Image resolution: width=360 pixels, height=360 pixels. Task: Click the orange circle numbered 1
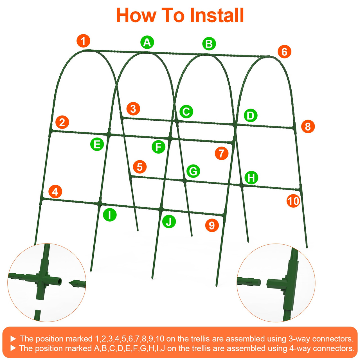point(83,41)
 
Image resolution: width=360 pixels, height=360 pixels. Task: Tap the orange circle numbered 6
point(284,52)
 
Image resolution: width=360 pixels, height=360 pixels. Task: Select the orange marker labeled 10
point(293,201)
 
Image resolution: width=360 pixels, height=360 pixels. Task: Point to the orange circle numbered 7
point(221,153)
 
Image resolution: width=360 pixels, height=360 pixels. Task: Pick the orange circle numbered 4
point(55,192)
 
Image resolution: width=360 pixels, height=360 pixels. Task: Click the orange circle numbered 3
point(133,109)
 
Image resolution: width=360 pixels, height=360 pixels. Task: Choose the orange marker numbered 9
point(212,225)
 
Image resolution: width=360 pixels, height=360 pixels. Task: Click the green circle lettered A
point(147,42)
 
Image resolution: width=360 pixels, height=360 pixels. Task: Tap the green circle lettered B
point(209,44)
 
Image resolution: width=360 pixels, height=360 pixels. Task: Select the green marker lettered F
point(158,147)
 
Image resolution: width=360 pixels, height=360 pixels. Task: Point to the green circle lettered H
point(251,178)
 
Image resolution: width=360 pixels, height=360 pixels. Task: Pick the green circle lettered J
point(169,222)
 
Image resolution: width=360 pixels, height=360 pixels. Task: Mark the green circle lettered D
point(250,116)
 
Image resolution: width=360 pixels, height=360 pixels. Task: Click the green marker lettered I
point(110,215)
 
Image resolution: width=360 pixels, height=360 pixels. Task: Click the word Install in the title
point(217,15)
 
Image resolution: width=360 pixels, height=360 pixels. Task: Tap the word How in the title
point(136,15)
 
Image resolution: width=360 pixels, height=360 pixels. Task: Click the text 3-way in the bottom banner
point(299,339)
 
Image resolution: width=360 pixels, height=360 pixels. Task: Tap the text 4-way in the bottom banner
point(300,348)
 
